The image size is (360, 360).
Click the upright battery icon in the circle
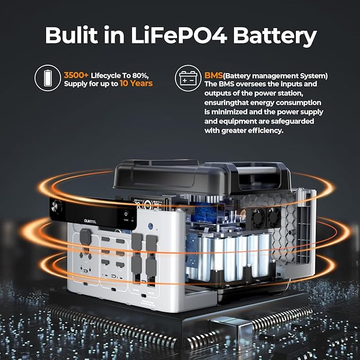coord(47,80)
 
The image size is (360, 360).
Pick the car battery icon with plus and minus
coord(188,80)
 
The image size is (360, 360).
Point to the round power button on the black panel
coord(126,210)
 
